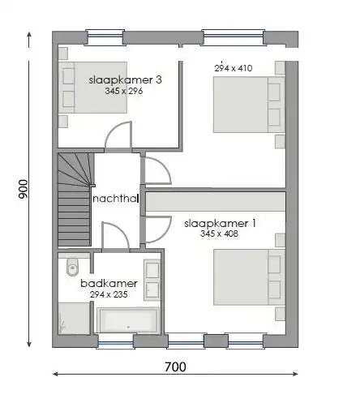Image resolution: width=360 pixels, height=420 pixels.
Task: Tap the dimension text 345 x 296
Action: [123, 92]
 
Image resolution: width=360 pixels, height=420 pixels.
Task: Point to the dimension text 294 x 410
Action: [233, 69]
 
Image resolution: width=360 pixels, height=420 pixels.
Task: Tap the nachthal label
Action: [116, 199]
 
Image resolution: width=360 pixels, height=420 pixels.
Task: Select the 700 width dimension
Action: [174, 366]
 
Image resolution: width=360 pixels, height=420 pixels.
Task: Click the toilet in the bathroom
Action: [71, 265]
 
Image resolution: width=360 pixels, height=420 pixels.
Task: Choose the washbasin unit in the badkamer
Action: [152, 280]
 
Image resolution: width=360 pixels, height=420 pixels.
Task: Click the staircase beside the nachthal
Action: [74, 199]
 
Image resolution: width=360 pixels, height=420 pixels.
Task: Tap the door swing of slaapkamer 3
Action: [119, 135]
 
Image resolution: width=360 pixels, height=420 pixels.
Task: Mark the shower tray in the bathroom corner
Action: [73, 318]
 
